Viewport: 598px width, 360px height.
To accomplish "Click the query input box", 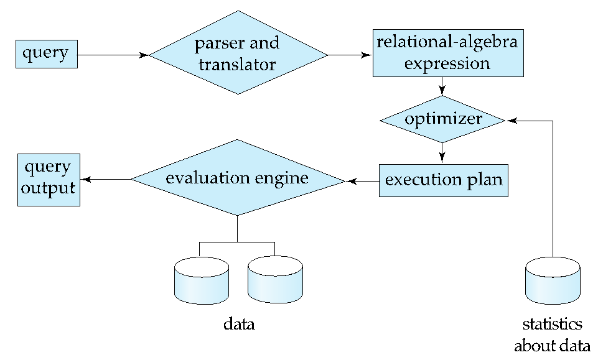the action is click(47, 54).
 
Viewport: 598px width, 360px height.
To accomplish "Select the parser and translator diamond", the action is click(238, 53).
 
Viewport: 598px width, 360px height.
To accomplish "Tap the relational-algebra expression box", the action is click(448, 53).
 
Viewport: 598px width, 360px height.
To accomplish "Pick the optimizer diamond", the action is click(442, 119).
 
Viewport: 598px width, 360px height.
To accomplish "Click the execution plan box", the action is click(444, 180).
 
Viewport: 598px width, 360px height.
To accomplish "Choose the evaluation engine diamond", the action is click(238, 178).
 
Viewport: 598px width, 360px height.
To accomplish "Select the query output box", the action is click(49, 180).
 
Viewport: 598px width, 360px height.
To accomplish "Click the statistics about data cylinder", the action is click(553, 280).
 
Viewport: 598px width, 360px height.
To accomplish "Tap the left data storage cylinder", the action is click(202, 280).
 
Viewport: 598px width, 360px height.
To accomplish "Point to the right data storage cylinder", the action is click(275, 280).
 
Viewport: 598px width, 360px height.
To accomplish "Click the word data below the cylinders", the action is click(239, 324).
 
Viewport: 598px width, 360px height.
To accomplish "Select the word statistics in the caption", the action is click(552, 324).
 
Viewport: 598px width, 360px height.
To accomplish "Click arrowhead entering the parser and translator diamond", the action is click(144, 55).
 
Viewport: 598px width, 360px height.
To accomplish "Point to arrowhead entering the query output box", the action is click(86, 180).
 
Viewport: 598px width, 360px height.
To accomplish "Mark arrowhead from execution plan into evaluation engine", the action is click(351, 182).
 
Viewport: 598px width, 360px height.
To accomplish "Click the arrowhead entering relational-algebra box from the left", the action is click(367, 55).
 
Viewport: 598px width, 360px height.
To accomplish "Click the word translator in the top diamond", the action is click(237, 65).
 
